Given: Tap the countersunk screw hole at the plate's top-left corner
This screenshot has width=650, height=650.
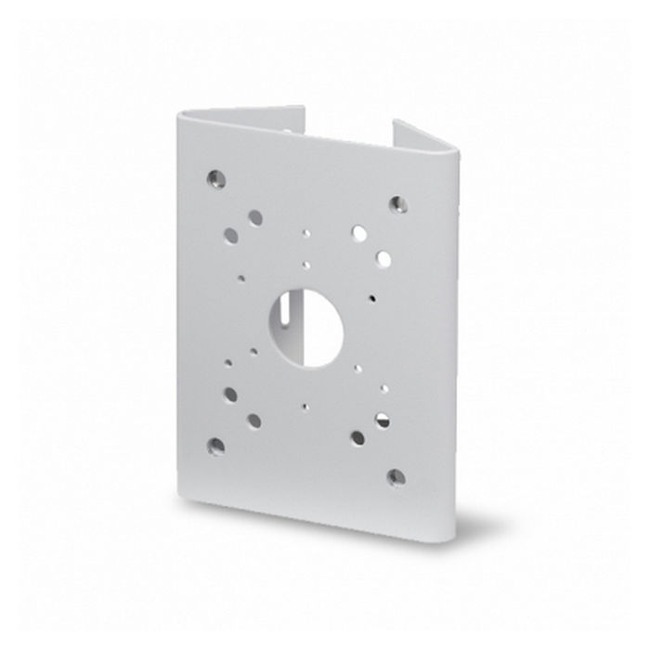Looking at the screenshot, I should point(215,175).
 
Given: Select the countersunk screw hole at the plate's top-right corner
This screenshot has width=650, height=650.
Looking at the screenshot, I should point(397,203).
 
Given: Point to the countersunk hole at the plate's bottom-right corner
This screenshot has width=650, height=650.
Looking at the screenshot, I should point(396,477).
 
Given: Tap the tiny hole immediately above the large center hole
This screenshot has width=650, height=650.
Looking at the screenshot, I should point(306,264).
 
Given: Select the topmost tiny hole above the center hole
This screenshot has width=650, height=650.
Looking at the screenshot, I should point(306,234).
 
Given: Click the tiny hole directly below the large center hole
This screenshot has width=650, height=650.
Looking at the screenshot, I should point(305,406).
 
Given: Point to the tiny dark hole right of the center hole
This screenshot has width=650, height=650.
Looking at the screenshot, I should point(371,299).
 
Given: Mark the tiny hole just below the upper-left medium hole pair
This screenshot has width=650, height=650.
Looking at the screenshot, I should point(241,277).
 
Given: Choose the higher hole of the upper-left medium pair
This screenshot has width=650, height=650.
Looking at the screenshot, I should point(254,217).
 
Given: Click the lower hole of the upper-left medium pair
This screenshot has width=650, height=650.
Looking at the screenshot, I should point(230,236).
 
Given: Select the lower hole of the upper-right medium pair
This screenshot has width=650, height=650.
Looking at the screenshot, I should point(383,257).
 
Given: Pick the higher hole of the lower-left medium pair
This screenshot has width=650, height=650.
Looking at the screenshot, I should point(230,395).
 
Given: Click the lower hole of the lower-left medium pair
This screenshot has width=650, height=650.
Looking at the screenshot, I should point(253,421).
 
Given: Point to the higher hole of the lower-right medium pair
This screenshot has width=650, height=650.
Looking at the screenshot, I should point(382,420).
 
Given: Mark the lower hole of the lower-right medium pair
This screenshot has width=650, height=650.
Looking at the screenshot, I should point(357,437).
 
